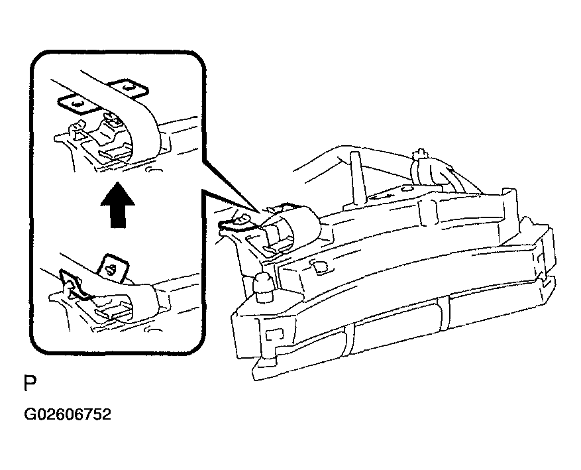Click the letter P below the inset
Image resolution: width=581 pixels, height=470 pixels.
[x=30, y=383]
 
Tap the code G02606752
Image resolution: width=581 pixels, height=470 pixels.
[x=68, y=414]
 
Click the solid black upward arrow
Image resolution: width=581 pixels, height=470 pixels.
[x=118, y=205]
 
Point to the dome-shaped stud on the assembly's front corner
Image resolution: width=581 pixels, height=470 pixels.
[x=264, y=283]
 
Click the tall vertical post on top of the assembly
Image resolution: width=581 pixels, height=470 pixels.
[x=356, y=177]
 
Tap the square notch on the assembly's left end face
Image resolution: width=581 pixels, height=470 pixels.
[x=274, y=334]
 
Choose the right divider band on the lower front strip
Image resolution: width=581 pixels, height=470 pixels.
[x=443, y=311]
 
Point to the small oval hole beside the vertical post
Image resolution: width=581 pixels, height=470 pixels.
[x=407, y=189]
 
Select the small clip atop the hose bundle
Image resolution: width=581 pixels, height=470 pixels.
[x=420, y=153]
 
